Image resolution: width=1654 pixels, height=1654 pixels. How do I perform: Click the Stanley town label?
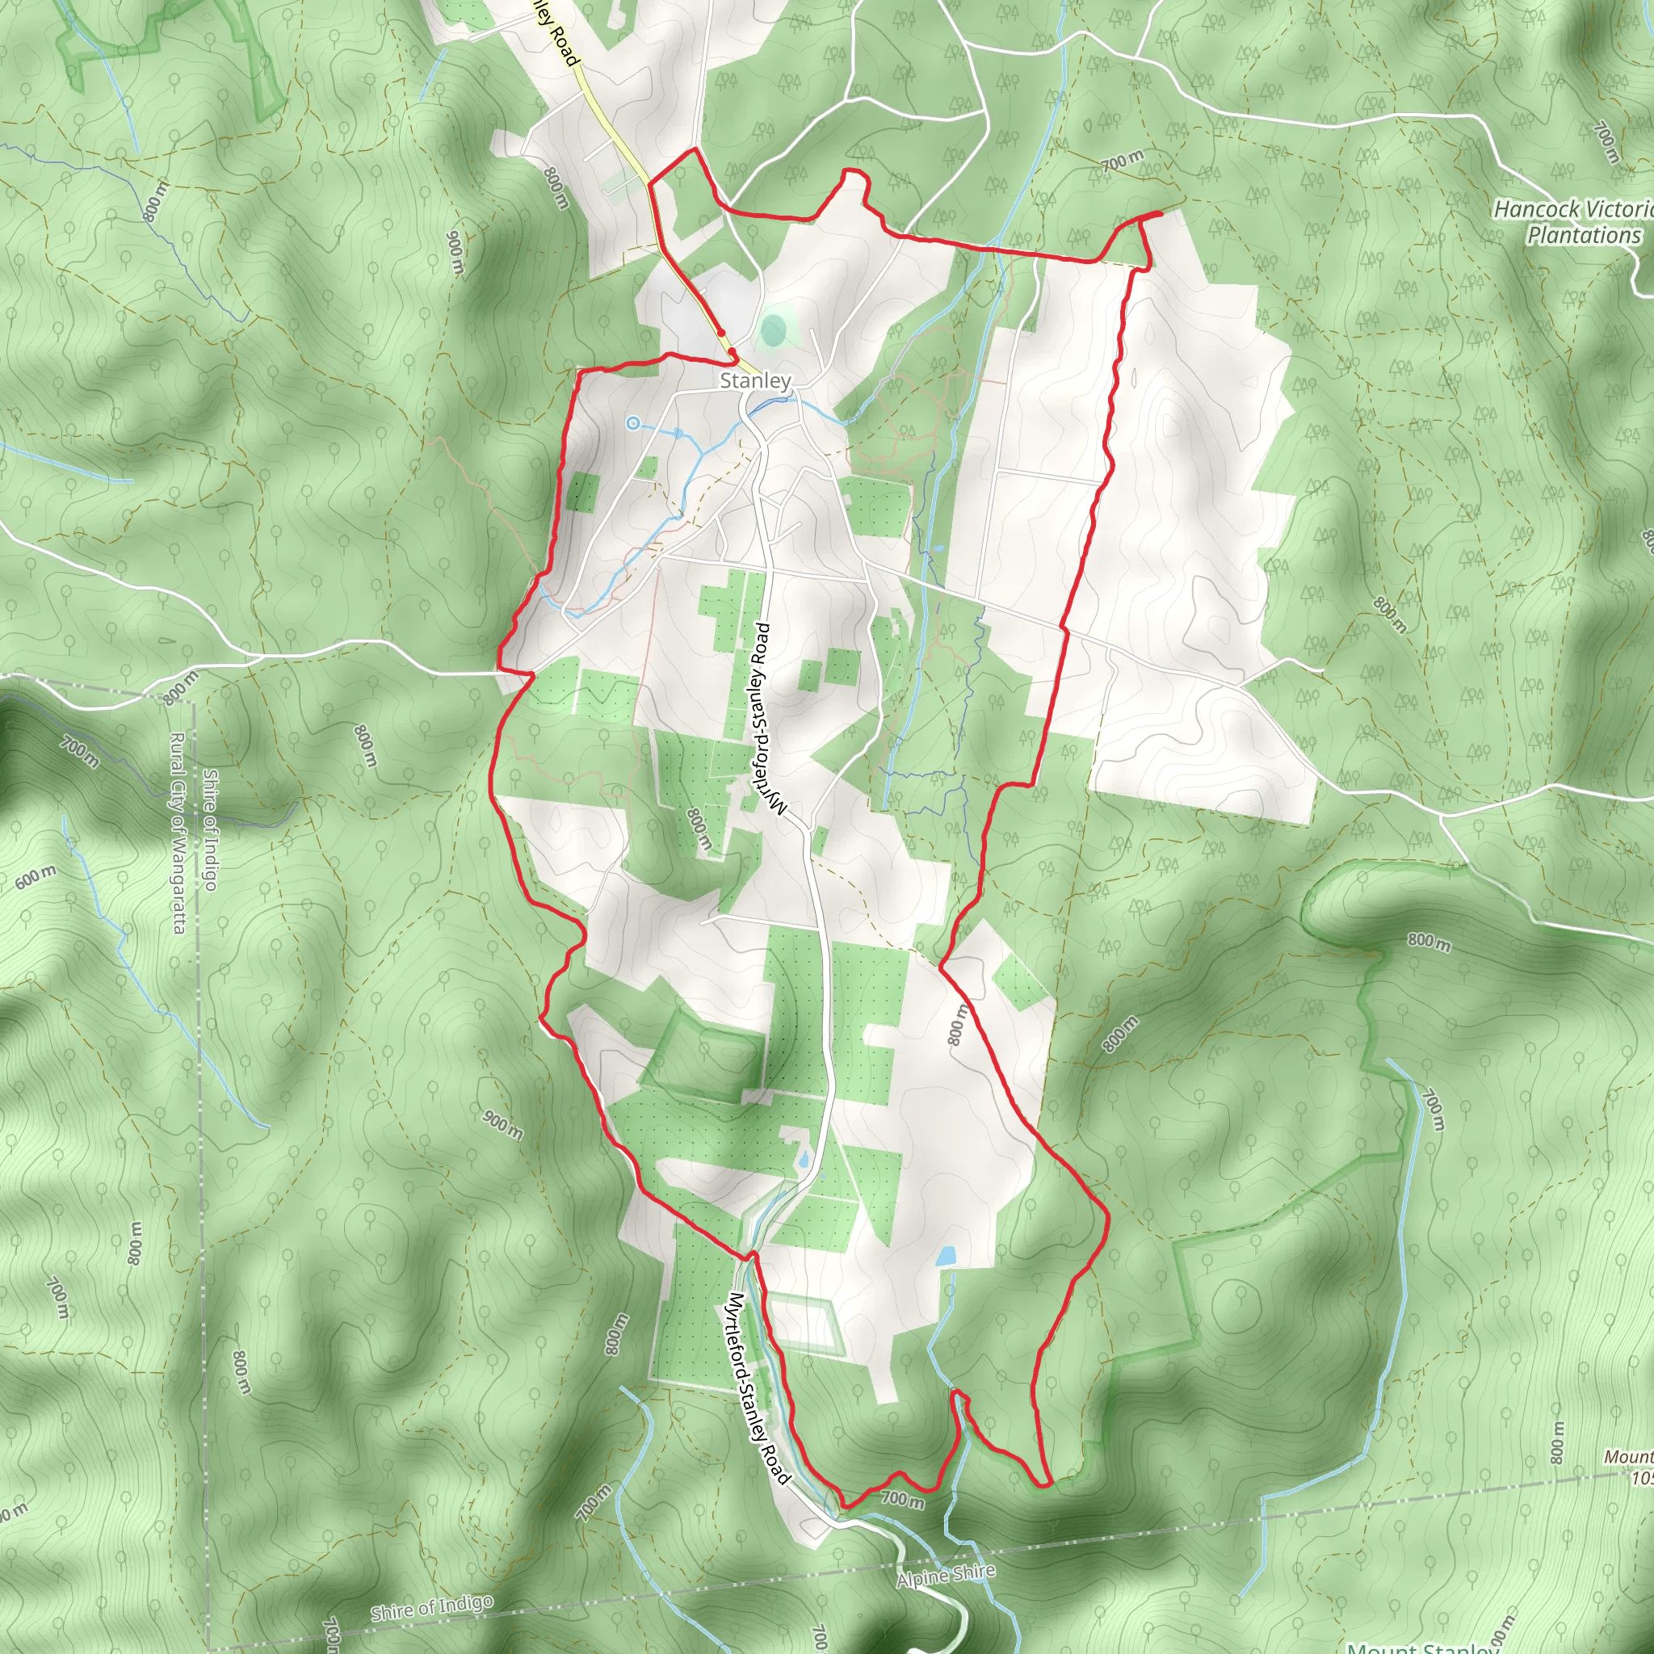click(755, 381)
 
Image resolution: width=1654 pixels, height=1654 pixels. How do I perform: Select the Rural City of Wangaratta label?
click(178, 833)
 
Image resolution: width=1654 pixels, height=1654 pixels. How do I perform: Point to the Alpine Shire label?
click(946, 1575)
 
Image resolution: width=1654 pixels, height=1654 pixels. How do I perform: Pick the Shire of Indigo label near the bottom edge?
click(431, 1608)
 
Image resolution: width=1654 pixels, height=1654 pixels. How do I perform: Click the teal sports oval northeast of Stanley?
click(773, 330)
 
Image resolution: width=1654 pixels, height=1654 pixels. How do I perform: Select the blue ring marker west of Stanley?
click(632, 423)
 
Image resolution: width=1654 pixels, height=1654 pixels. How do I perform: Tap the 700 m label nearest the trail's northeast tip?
click(1123, 160)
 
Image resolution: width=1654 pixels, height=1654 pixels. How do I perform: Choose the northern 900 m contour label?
click(455, 254)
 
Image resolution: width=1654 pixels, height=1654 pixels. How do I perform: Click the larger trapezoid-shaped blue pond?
click(946, 1256)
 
